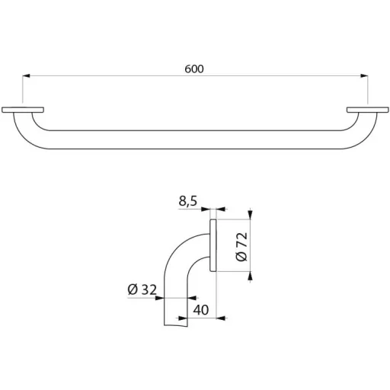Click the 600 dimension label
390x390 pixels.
pyautogui.click(x=194, y=69)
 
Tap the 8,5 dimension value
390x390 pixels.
pyautogui.click(x=188, y=201)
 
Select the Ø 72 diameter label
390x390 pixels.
pyautogui.click(x=241, y=247)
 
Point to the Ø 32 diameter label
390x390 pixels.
pyautogui.click(x=142, y=289)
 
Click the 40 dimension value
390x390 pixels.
pyautogui.click(x=201, y=310)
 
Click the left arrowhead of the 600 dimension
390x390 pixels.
pyautogui.click(x=26, y=75)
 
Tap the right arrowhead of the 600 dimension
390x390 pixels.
pyautogui.click(x=364, y=75)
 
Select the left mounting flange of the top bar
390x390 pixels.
pyautogui.click(x=23, y=110)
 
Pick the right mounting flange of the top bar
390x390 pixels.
pyautogui.click(x=368, y=110)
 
